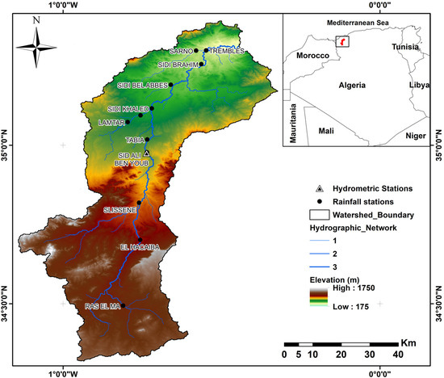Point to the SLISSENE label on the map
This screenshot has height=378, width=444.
tap(119, 210)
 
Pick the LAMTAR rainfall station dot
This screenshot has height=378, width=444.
tap(127, 123)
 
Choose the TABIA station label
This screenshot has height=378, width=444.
tap(135, 140)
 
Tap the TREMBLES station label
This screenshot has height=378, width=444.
tap(227, 51)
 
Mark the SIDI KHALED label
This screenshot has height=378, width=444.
tap(127, 109)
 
